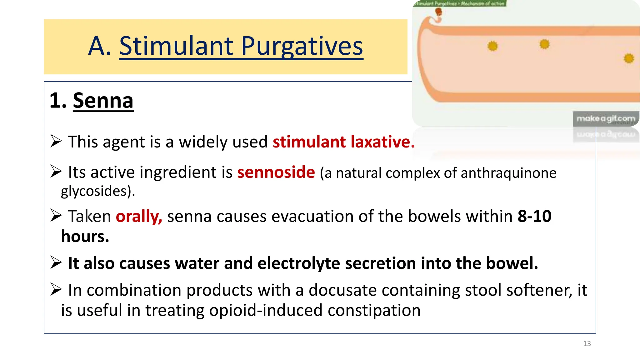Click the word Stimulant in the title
point(176,46)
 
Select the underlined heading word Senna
point(103,101)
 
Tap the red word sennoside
point(276,172)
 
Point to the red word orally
point(139,216)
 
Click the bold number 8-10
point(534,216)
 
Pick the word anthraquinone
point(508,173)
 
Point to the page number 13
point(587,344)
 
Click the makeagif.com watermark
point(606,119)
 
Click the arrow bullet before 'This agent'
point(56,141)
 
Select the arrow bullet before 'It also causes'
point(56,262)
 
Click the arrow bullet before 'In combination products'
point(56,289)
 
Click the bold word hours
point(85,237)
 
